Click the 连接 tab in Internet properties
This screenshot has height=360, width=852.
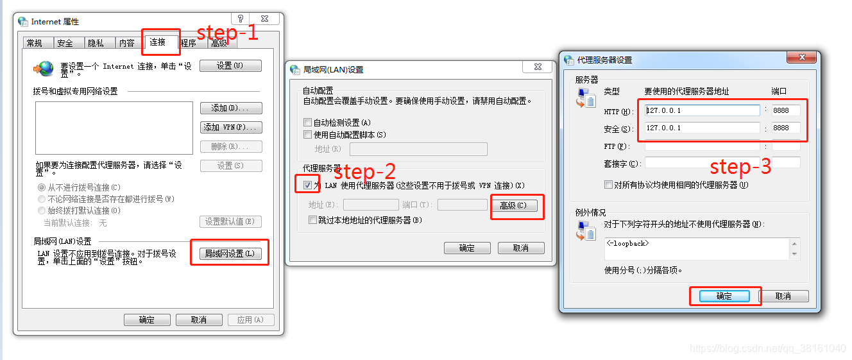click(157, 42)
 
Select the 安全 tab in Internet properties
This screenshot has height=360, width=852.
click(65, 43)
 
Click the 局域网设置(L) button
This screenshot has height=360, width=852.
click(229, 253)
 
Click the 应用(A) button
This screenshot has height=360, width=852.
click(250, 320)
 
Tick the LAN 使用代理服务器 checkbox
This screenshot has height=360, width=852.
click(308, 185)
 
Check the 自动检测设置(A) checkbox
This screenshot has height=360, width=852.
click(308, 123)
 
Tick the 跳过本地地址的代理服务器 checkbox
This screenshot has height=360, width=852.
click(313, 220)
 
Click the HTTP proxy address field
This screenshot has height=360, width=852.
click(702, 110)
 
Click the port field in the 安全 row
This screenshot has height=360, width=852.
click(786, 128)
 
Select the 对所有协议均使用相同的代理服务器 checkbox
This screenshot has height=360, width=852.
click(609, 185)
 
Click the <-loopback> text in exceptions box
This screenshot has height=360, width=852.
click(627, 243)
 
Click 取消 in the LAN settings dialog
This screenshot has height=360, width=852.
click(520, 248)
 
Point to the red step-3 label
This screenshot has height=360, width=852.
click(740, 167)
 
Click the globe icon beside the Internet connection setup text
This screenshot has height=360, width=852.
click(44, 68)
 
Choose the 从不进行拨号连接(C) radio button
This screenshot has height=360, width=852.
click(42, 187)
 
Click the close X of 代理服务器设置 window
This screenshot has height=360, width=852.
click(802, 58)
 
